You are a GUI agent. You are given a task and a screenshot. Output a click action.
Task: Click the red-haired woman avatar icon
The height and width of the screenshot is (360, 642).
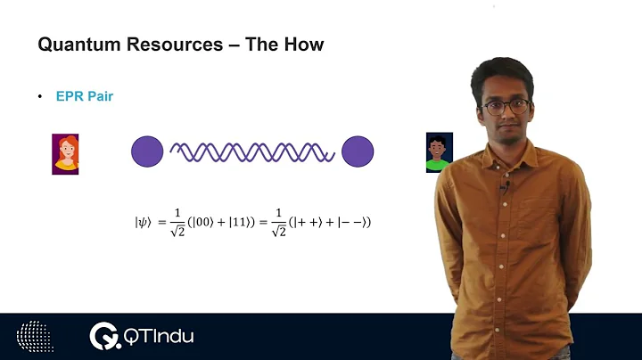pyautogui.click(x=65, y=153)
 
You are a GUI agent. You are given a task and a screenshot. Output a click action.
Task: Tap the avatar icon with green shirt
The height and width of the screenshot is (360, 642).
pyautogui.click(x=439, y=151)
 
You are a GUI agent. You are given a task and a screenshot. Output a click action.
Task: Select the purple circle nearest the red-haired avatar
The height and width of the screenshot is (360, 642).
pyautogui.click(x=147, y=152)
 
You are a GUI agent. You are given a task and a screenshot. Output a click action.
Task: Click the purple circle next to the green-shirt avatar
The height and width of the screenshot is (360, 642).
pyautogui.click(x=358, y=152)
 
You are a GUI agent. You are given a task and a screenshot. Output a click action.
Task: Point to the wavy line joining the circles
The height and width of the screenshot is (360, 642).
pyautogui.click(x=252, y=152)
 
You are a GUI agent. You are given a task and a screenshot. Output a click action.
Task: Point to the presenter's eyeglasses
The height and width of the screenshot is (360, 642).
pyautogui.click(x=504, y=107)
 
